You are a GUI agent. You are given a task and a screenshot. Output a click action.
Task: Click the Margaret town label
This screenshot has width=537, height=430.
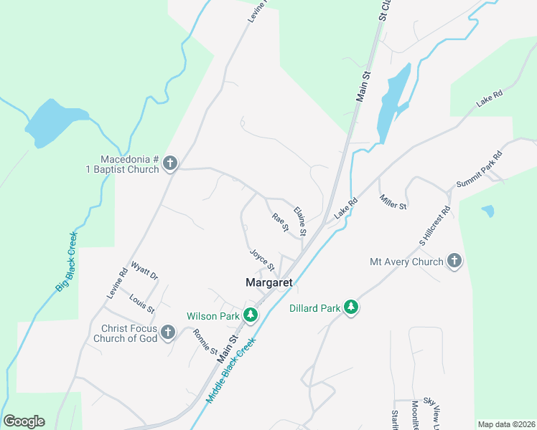pyautogui.click(x=269, y=283)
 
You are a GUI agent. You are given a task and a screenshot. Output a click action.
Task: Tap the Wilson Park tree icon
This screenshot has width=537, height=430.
pyautogui.click(x=250, y=315)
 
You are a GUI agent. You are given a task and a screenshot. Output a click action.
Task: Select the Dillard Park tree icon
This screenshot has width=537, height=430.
pyautogui.click(x=350, y=308)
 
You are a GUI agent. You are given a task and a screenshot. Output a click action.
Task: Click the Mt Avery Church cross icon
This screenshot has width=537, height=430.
pyautogui.click(x=454, y=262)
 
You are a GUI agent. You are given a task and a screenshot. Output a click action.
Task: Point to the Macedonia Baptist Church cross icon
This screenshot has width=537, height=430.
pyautogui.click(x=170, y=163)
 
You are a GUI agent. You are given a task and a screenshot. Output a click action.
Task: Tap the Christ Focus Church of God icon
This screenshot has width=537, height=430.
pyautogui.click(x=168, y=333)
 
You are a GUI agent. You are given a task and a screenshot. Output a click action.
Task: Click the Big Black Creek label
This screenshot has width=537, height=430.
pyautogui.click(x=67, y=261)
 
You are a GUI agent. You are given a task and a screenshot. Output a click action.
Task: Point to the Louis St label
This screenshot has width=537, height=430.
pyautogui.click(x=142, y=303)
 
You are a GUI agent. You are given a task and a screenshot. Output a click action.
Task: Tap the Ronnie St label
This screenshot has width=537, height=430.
pyautogui.click(x=205, y=343)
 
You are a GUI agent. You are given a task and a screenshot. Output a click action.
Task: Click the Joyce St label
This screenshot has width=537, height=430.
pyautogui.click(x=262, y=259)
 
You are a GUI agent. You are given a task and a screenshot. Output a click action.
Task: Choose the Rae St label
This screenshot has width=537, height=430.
pyautogui.click(x=280, y=222)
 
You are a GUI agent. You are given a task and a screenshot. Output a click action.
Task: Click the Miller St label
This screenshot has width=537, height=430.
pyautogui.click(x=393, y=202)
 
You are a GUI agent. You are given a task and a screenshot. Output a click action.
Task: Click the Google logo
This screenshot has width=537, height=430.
pyautogui.click(x=24, y=421)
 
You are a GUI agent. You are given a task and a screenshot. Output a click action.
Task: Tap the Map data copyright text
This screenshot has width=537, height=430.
pyautogui.click(x=506, y=424)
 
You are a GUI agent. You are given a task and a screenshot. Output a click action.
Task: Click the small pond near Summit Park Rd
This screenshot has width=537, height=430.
pyautogui.click(x=488, y=211)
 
